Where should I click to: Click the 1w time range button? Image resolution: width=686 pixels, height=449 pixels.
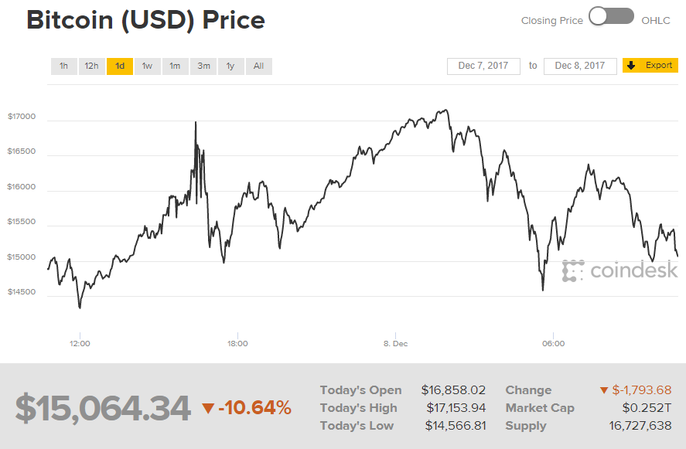[147, 66]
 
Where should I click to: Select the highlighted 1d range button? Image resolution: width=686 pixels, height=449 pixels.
[120, 66]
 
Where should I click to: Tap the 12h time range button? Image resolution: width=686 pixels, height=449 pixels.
[91, 66]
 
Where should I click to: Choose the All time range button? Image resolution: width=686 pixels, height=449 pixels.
[258, 66]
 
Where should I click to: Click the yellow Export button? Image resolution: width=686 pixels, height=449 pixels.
[650, 66]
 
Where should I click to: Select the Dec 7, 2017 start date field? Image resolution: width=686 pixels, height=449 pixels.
[483, 66]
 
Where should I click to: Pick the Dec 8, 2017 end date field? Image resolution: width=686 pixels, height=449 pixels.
[580, 66]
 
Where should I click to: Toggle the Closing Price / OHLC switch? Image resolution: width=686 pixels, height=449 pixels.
[612, 17]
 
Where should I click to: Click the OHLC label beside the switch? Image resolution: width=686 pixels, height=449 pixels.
[656, 21]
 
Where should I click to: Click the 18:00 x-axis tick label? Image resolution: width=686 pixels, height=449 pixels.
[237, 344]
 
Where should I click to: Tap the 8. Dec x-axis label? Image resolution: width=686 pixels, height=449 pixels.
[395, 344]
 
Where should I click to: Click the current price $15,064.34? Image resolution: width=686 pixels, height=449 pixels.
[103, 408]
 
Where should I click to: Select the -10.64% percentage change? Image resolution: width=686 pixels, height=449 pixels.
[247, 407]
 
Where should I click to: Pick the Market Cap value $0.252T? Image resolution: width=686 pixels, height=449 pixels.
[647, 408]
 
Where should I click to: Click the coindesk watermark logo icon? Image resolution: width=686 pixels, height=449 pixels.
[573, 270]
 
